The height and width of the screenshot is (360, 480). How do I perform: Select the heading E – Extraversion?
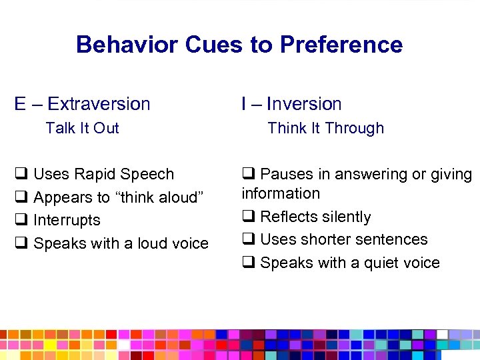(83, 104)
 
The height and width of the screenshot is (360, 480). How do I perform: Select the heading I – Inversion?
(291, 104)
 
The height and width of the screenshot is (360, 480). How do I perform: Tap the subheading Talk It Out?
(82, 128)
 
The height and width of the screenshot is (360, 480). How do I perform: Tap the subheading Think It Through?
(325, 128)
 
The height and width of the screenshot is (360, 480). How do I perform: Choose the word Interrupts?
(67, 220)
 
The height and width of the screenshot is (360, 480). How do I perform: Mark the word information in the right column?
(281, 193)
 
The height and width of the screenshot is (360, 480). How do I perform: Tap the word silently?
(345, 217)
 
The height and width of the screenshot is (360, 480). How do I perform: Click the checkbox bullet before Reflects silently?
(248, 217)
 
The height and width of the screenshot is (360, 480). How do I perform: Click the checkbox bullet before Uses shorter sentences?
(248, 239)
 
